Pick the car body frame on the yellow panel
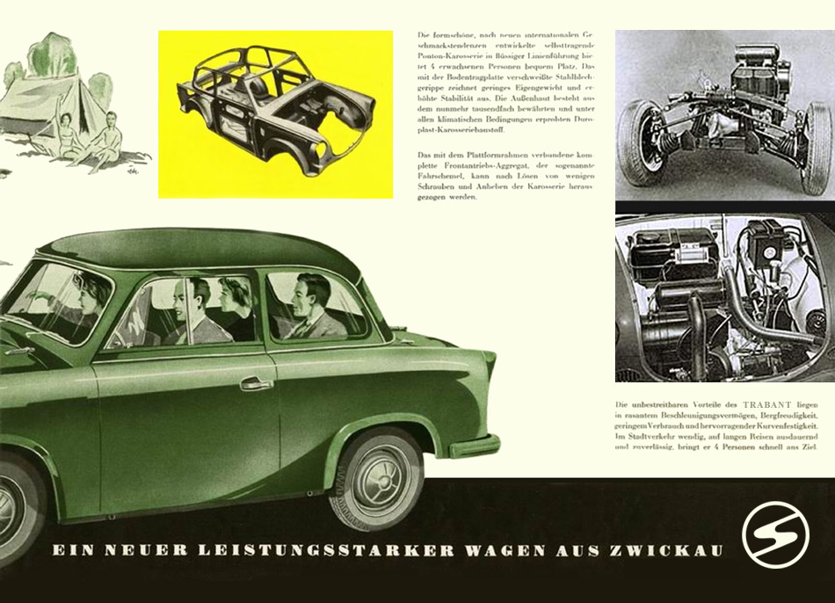pyautogui.click(x=275, y=112)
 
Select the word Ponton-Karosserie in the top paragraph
pyautogui.click(x=453, y=52)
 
